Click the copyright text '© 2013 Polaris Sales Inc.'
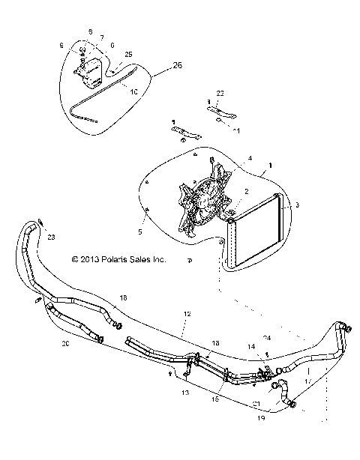[118, 260]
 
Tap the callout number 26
[177, 66]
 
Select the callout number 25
[128, 55]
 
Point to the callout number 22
[220, 92]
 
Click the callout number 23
[51, 237]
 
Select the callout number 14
[252, 348]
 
